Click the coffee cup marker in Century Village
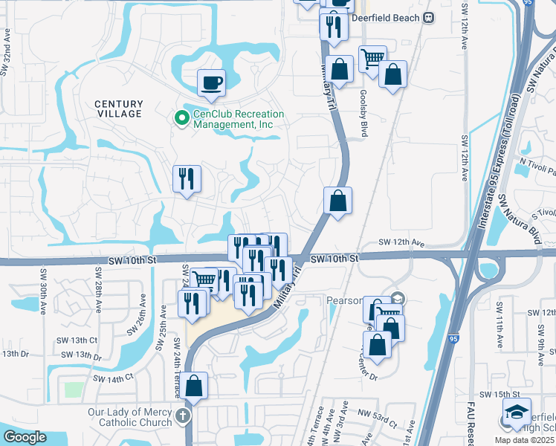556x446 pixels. [x=212, y=83]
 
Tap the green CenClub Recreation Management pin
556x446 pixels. [x=181, y=117]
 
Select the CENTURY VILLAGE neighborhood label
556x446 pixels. [x=118, y=109]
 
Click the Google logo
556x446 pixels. [x=25, y=437]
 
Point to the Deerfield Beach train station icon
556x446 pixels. [x=428, y=17]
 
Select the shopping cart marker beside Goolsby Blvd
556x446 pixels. [x=372, y=58]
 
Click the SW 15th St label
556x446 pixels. [x=498, y=393]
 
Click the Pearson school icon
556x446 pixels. [x=398, y=299]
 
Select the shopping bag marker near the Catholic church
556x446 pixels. [x=194, y=385]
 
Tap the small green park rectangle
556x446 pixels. [x=74, y=390]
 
